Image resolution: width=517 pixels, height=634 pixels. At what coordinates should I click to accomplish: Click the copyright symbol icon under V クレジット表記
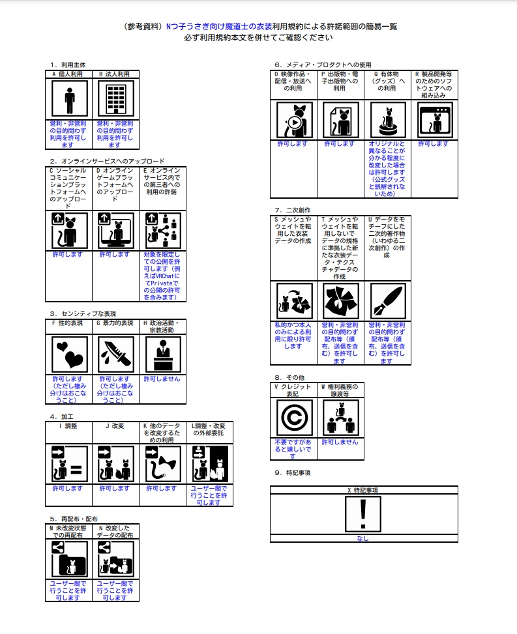tap(294, 418)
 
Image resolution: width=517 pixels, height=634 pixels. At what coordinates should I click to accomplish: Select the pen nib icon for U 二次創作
tap(387, 300)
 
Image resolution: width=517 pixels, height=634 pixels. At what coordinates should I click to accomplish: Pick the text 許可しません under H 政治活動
tap(162, 379)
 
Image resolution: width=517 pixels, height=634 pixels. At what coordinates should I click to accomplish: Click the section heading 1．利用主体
tap(68, 65)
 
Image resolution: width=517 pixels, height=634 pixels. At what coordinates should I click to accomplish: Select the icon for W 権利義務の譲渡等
tap(340, 418)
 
